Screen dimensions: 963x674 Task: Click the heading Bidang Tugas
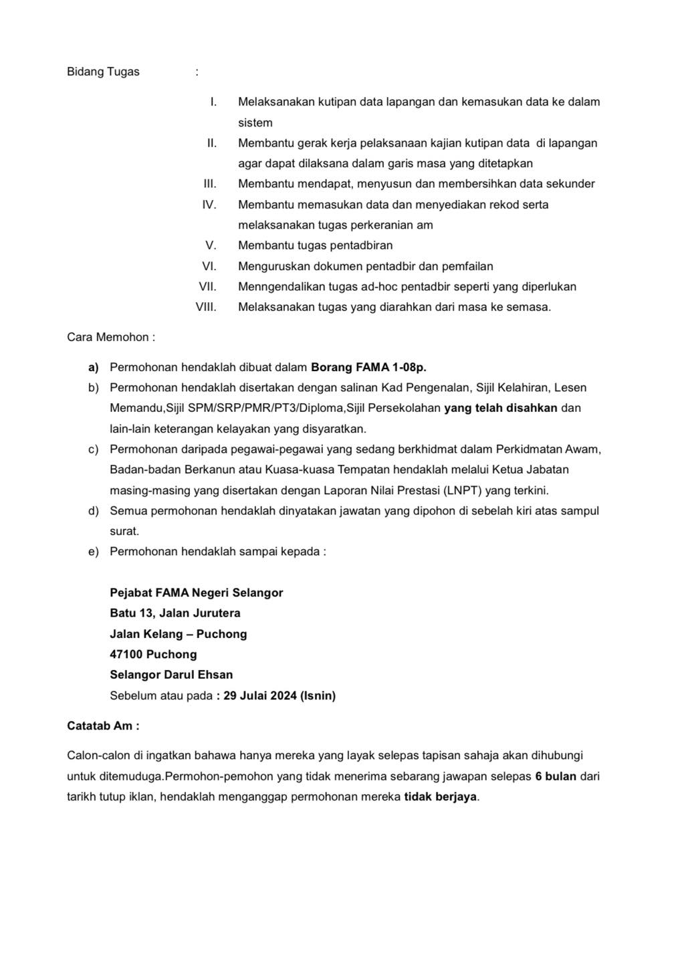pyautogui.click(x=103, y=72)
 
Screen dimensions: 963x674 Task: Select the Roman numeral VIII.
pyautogui.click(x=205, y=307)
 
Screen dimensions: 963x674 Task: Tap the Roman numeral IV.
pyautogui.click(x=209, y=205)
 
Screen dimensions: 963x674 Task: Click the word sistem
pyautogui.click(x=255, y=123)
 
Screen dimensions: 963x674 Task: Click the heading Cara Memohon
pyautogui.click(x=110, y=337)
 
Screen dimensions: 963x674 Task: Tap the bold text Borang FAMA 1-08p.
pyautogui.click(x=368, y=367)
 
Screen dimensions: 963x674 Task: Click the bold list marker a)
pyautogui.click(x=94, y=367)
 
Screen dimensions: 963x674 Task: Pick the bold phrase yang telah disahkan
pyautogui.click(x=500, y=408)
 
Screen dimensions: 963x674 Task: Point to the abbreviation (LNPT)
pyautogui.click(x=462, y=490)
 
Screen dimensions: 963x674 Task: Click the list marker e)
pyautogui.click(x=94, y=552)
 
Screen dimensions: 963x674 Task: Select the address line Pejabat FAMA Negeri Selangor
pyautogui.click(x=196, y=593)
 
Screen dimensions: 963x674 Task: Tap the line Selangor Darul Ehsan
pyautogui.click(x=171, y=675)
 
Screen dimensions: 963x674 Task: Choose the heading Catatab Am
pyautogui.click(x=103, y=726)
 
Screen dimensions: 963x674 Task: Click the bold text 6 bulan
pyautogui.click(x=556, y=776)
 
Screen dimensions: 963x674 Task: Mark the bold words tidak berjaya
pyautogui.click(x=441, y=797)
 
